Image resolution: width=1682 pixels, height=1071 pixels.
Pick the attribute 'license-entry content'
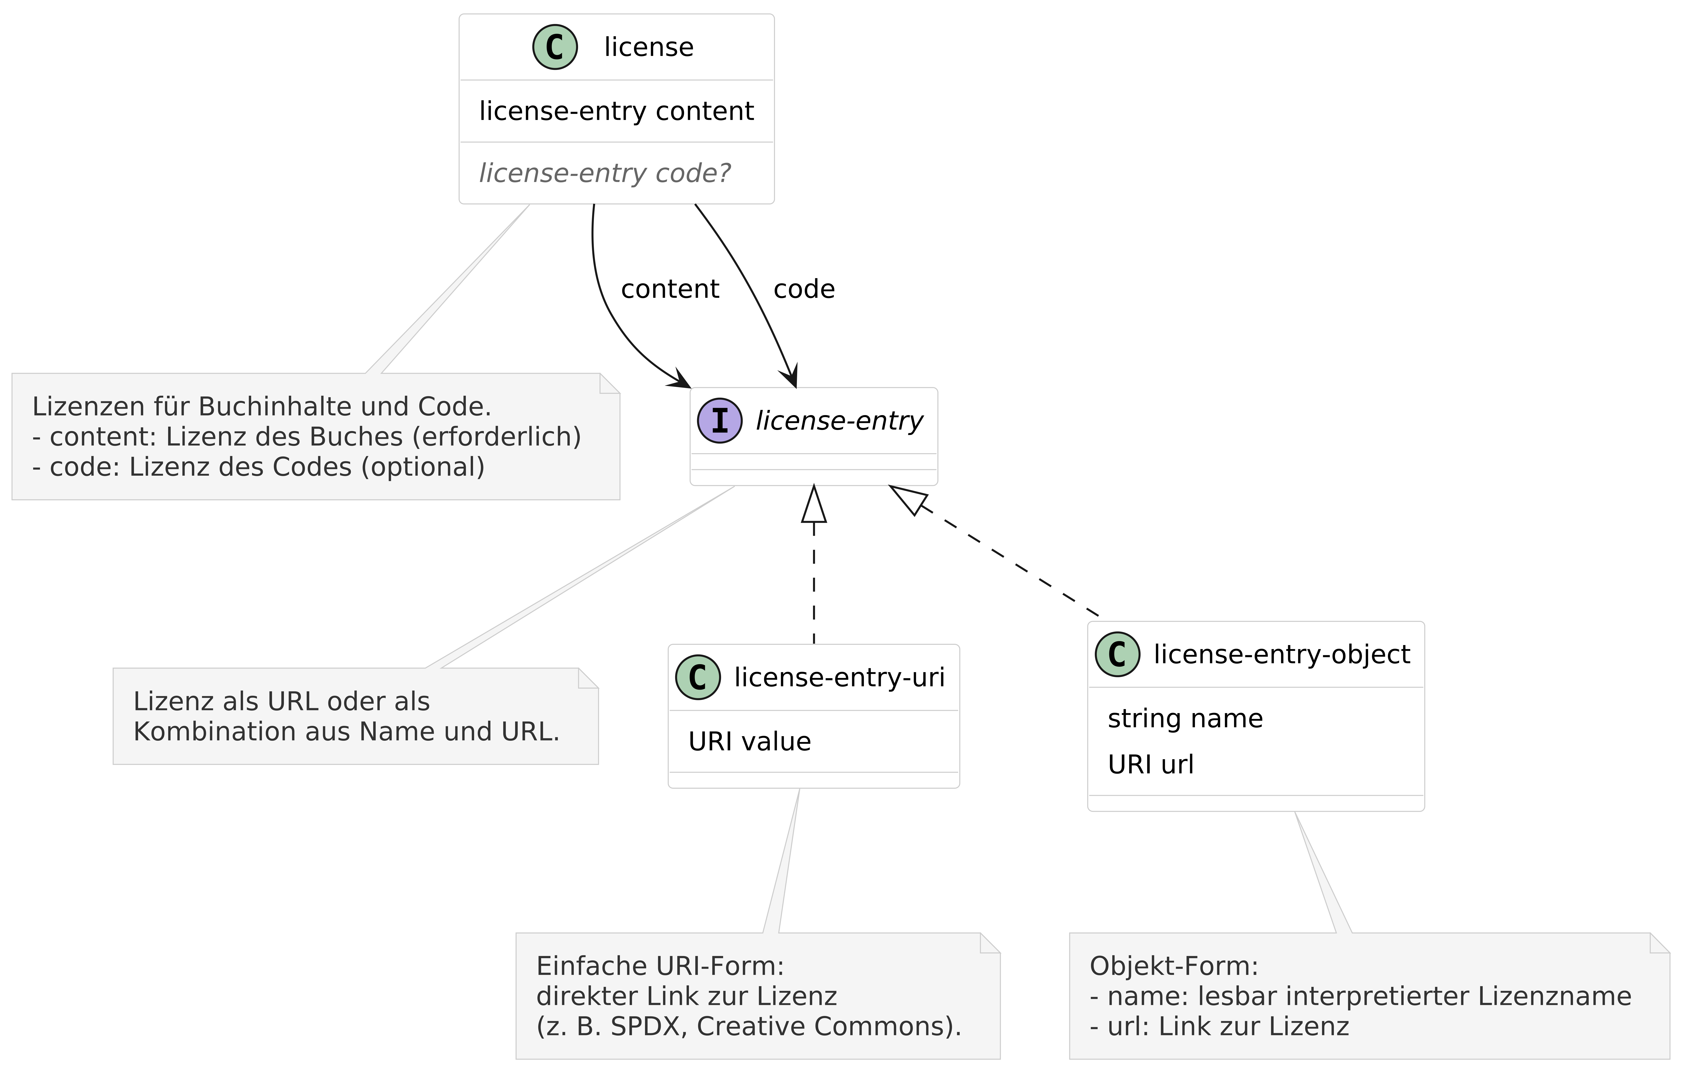616,111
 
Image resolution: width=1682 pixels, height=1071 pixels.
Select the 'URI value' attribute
750,741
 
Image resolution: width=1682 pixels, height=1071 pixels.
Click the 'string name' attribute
1185,718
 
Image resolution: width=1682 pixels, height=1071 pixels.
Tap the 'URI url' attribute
1151,764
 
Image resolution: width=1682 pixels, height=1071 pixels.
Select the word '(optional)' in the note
423,467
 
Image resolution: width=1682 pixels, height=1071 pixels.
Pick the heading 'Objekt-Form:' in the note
1173,966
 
